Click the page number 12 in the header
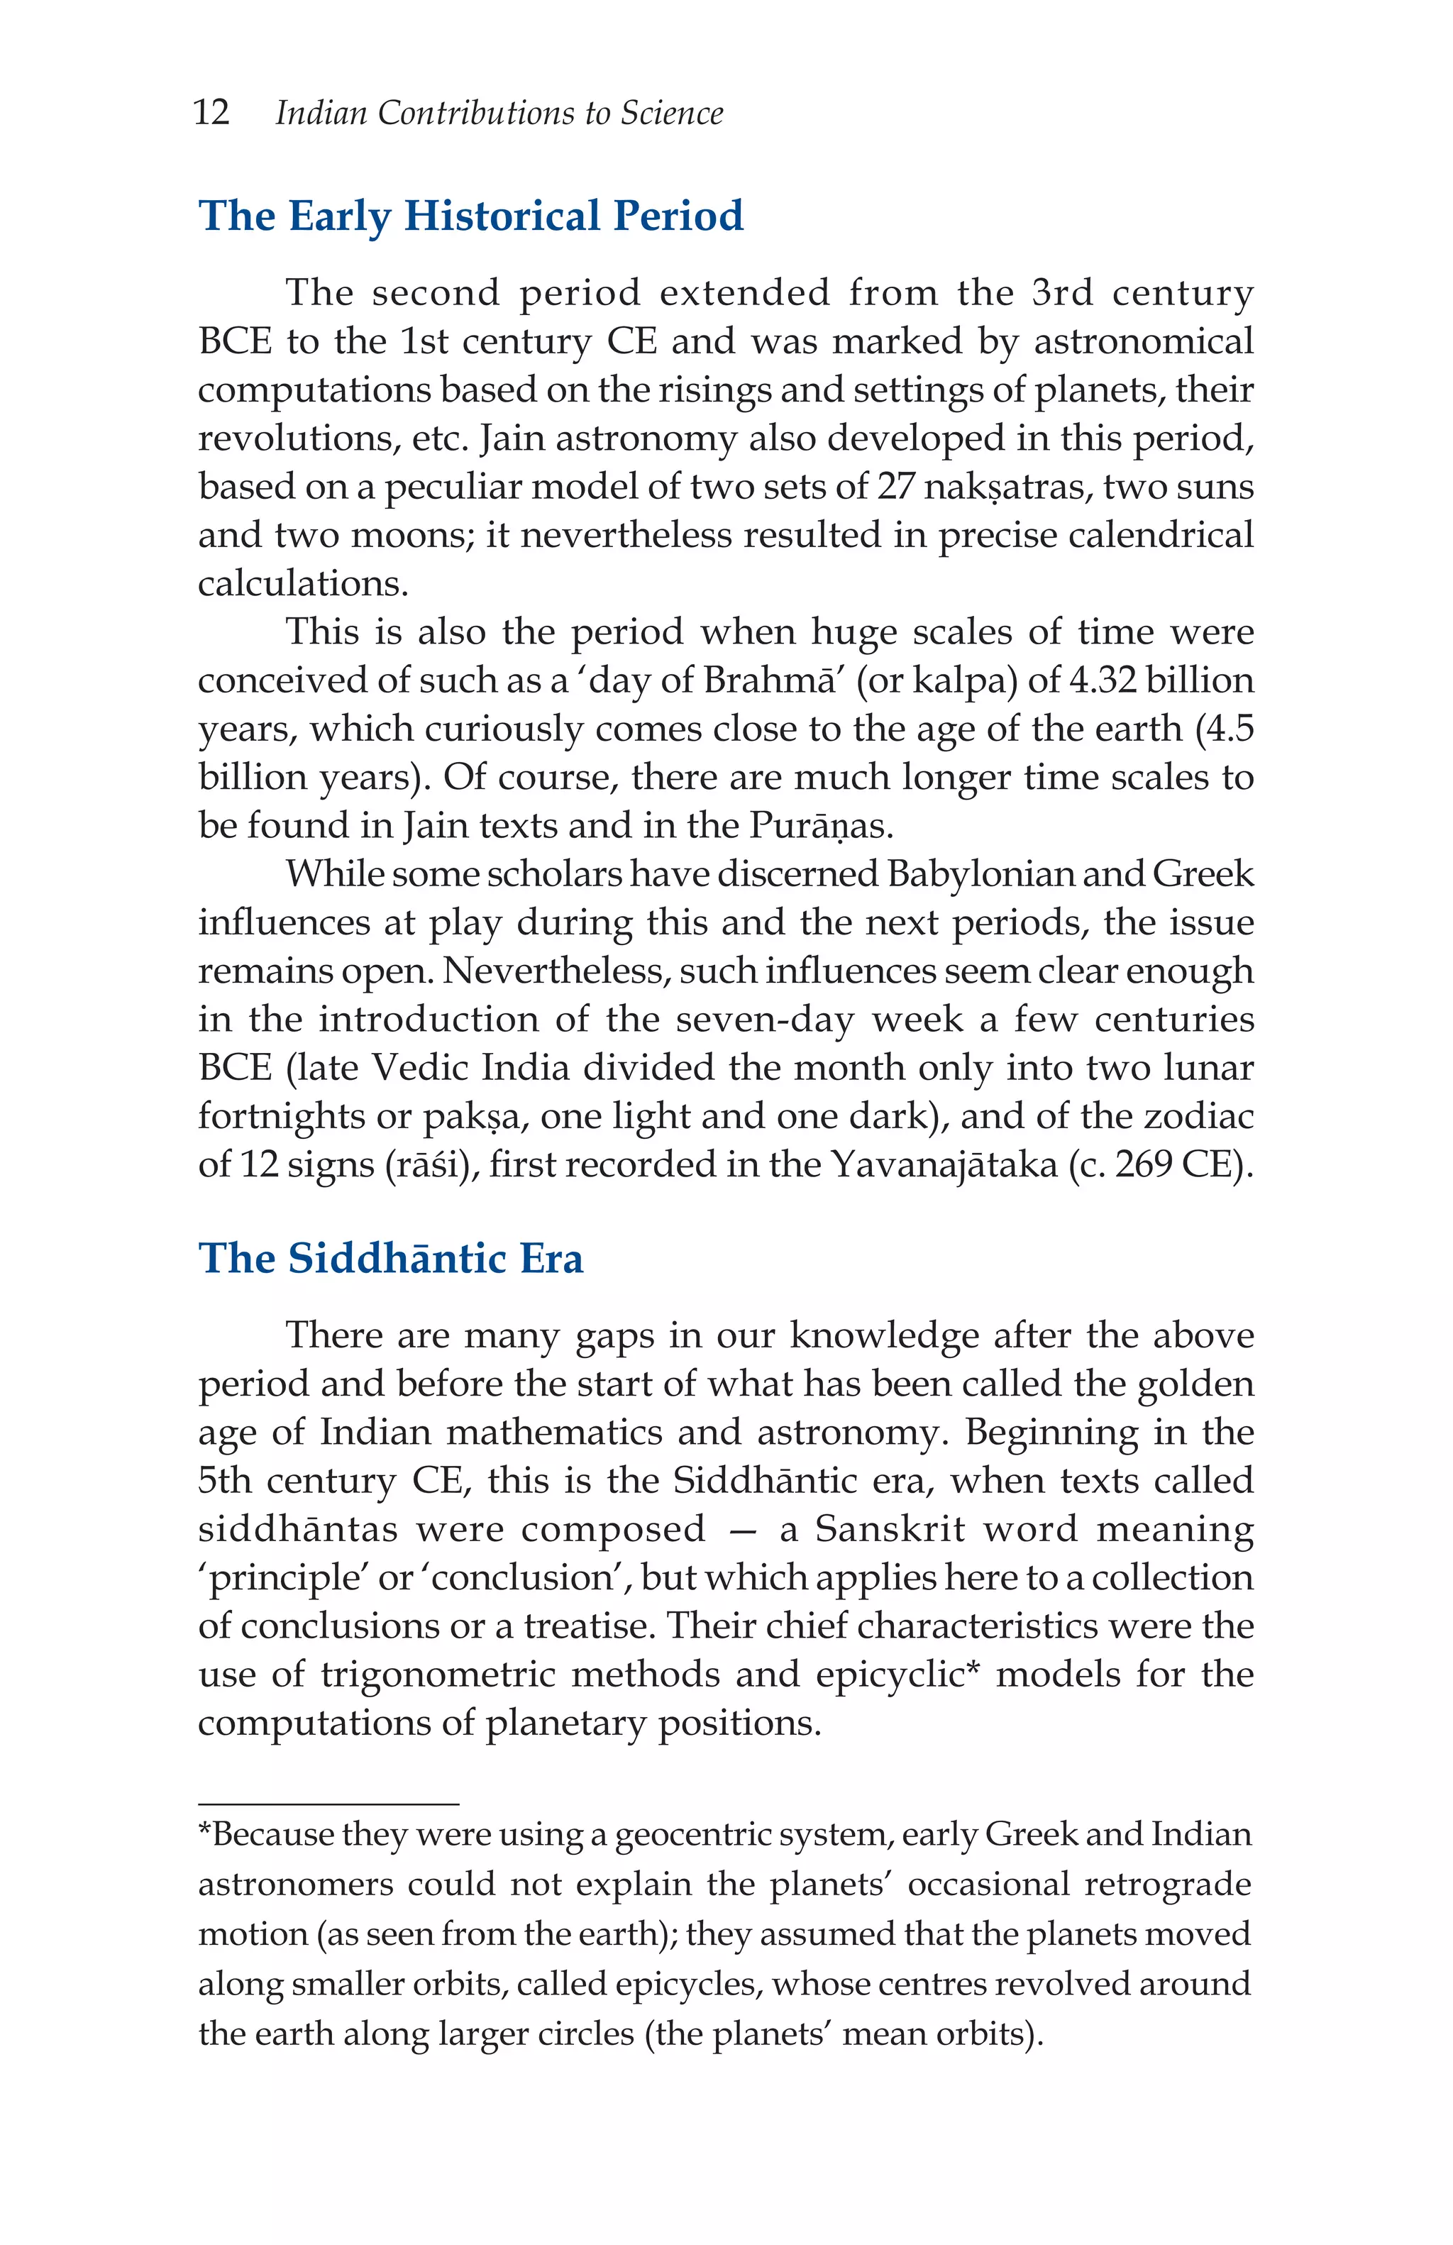pyautogui.click(x=211, y=114)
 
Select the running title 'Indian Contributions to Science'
pyautogui.click(x=499, y=114)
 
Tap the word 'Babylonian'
pyautogui.click(x=980, y=873)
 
